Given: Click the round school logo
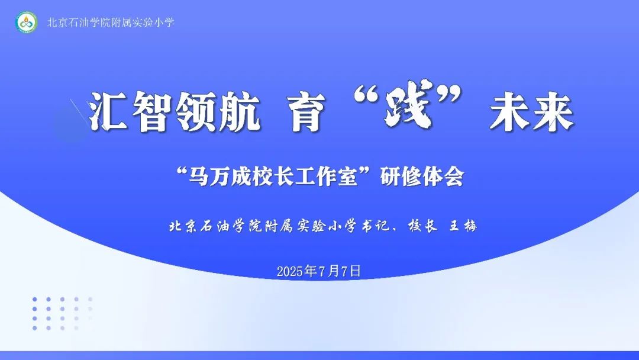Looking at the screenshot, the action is tap(27, 22).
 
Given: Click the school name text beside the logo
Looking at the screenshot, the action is tap(111, 22).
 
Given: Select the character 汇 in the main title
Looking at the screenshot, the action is tap(108, 111).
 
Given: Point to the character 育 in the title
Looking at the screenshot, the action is tap(308, 111).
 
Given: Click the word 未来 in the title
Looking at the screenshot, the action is tap(532, 111).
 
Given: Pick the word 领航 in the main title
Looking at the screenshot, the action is tap(218, 111).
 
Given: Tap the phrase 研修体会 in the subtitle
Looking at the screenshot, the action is tap(422, 178).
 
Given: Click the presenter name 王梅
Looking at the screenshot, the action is tap(463, 226).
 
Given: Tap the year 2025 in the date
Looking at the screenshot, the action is tap(290, 272).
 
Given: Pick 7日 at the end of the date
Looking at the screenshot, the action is tap(351, 272).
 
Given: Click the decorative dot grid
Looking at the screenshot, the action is tap(62, 314).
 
